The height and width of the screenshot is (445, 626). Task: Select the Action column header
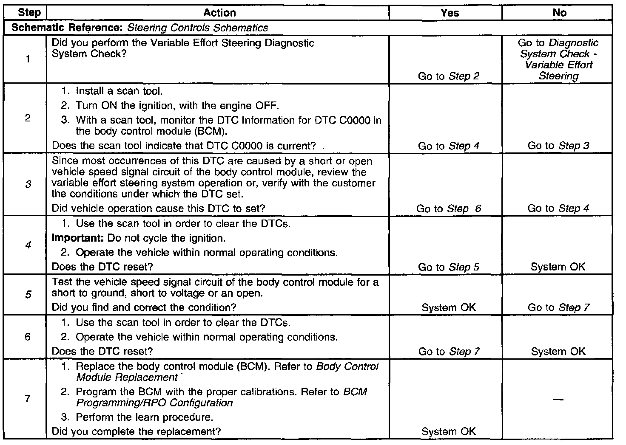pyautogui.click(x=219, y=13)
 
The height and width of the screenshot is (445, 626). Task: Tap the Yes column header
pyautogui.click(x=450, y=13)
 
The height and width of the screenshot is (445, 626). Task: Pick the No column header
pyautogui.click(x=559, y=13)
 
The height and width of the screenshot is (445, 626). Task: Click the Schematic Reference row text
pyautogui.click(x=140, y=28)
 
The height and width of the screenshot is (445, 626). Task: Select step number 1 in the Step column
pyautogui.click(x=28, y=59)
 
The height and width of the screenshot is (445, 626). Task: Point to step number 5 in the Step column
pyautogui.click(x=28, y=295)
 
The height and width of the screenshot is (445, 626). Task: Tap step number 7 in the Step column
pyautogui.click(x=28, y=399)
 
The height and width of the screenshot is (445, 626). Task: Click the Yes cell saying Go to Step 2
pyautogui.click(x=449, y=76)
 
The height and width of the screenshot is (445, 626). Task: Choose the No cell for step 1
pyautogui.click(x=558, y=59)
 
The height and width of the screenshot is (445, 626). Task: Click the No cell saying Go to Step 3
pyautogui.click(x=558, y=146)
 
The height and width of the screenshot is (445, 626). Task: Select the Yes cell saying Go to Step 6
pyautogui.click(x=449, y=208)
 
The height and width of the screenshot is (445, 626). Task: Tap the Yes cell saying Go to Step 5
pyautogui.click(x=449, y=267)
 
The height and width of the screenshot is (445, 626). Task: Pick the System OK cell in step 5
pyautogui.click(x=449, y=307)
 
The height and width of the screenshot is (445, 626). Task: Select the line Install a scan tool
pyautogui.click(x=119, y=91)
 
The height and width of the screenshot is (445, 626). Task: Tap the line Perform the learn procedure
pyautogui.click(x=144, y=417)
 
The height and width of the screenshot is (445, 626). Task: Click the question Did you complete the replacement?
pyautogui.click(x=136, y=432)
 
